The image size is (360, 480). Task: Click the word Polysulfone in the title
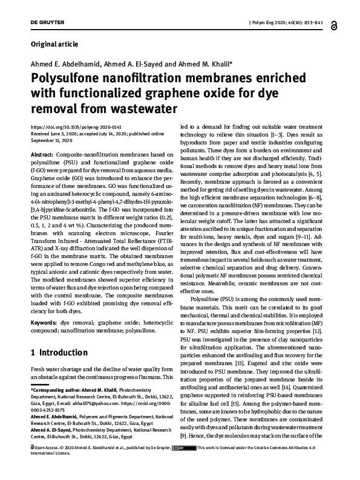click(67, 79)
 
